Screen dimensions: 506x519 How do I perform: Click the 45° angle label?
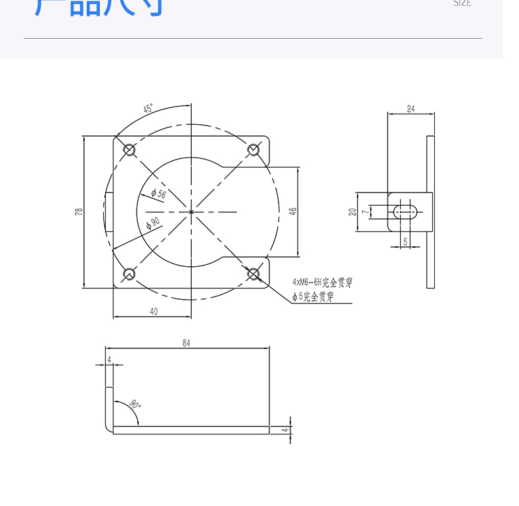pyautogui.click(x=148, y=108)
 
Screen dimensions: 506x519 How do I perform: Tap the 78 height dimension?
pyautogui.click(x=79, y=212)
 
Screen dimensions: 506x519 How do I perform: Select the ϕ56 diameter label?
pyautogui.click(x=158, y=193)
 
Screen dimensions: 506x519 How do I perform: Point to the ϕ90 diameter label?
pyautogui.click(x=153, y=223)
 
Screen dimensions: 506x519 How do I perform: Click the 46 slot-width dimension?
pyautogui.click(x=293, y=212)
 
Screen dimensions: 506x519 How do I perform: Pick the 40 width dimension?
pyautogui.click(x=154, y=311)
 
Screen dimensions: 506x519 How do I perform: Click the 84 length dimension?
pyautogui.click(x=187, y=343)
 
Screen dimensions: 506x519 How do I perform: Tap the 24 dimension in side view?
pyautogui.click(x=411, y=108)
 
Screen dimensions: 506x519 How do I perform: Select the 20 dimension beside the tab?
pyautogui.click(x=352, y=212)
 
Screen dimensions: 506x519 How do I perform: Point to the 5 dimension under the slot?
pyautogui.click(x=405, y=241)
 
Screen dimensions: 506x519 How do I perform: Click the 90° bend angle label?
pyautogui.click(x=135, y=404)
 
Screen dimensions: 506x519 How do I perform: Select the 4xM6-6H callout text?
pyautogui.click(x=322, y=283)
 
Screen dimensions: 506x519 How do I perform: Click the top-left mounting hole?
pyautogui.click(x=129, y=150)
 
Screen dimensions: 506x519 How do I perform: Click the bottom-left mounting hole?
pyautogui.click(x=129, y=274)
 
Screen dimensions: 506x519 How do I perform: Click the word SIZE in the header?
pyautogui.click(x=462, y=3)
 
